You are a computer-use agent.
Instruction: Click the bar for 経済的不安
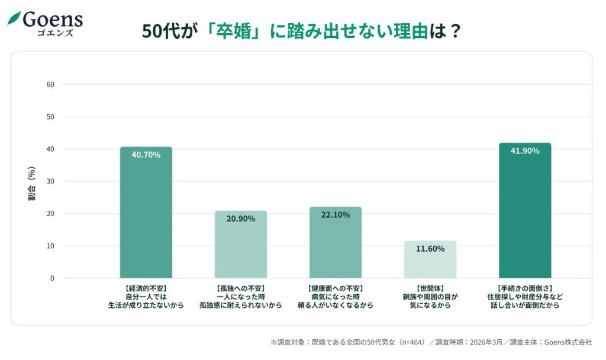146,213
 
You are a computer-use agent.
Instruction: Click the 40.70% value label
146,154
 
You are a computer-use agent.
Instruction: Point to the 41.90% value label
524,151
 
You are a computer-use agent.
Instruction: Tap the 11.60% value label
430,249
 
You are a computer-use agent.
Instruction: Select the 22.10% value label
335,214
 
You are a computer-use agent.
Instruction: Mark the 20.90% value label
240,218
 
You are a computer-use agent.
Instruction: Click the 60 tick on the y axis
50,85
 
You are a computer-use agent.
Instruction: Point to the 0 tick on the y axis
52,278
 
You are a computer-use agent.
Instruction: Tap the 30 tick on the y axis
50,181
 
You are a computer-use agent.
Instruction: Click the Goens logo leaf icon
14,18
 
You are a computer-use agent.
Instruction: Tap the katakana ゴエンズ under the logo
53,33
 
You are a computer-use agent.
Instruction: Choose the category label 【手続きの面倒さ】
524,288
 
